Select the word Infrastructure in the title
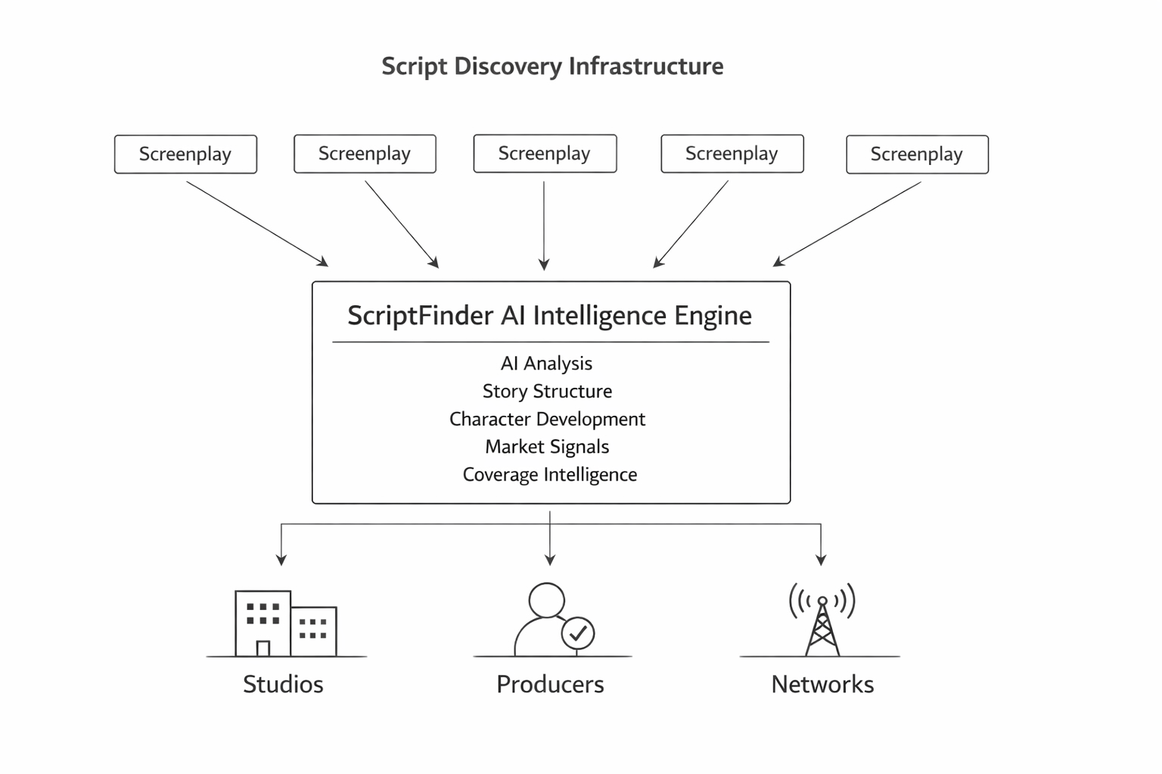click(645, 67)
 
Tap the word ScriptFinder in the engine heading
click(420, 315)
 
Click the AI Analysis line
click(546, 364)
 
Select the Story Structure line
click(547, 392)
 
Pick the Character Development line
click(547, 420)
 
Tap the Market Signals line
click(547, 447)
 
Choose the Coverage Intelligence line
click(549, 475)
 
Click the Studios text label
click(283, 684)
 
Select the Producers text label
click(550, 684)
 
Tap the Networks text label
click(822, 684)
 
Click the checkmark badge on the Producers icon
click(578, 633)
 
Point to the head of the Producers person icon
click(546, 600)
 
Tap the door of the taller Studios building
click(263, 649)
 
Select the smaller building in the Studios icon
click(314, 631)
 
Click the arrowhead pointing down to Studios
click(281, 560)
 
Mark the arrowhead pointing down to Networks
click(821, 560)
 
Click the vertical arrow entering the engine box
click(544, 227)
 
